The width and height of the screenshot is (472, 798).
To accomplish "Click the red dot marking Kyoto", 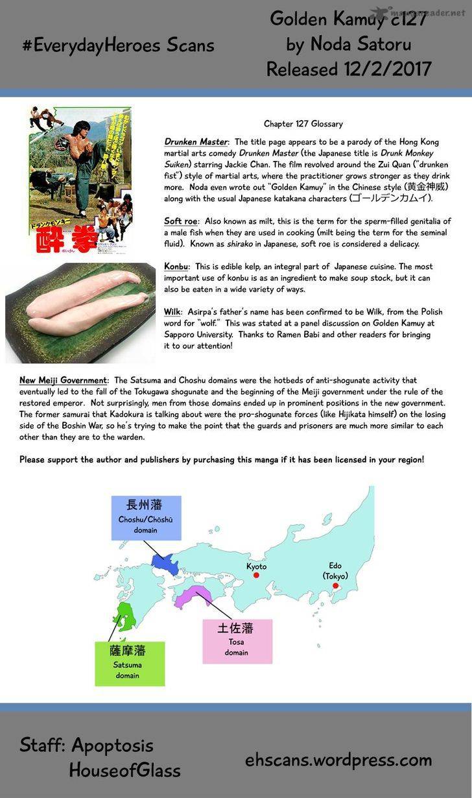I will coord(256,575).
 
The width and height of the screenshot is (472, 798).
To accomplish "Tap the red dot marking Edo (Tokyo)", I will coord(335,585).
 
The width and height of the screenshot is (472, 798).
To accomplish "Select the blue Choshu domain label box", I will coord(146,518).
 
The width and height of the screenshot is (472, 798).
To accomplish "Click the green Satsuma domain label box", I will coord(130,663).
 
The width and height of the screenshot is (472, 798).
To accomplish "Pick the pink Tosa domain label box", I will coord(237,640).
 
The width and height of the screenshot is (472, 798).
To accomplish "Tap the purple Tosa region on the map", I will coord(195,594).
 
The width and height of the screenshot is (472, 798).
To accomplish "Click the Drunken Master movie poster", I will coord(79,180).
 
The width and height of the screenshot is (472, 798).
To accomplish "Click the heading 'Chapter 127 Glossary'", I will coord(303,124).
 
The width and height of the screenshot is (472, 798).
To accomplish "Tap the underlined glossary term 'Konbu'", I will coord(176,267).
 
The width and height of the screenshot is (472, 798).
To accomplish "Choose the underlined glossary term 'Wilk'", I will coord(172,312).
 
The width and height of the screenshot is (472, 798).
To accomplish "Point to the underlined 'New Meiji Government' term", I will coord(63,380).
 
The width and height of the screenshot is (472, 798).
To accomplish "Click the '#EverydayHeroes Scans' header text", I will coord(118,45).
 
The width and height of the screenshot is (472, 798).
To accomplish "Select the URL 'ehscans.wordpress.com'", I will coord(338,760).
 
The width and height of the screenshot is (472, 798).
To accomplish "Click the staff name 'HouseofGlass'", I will coord(124,770).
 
